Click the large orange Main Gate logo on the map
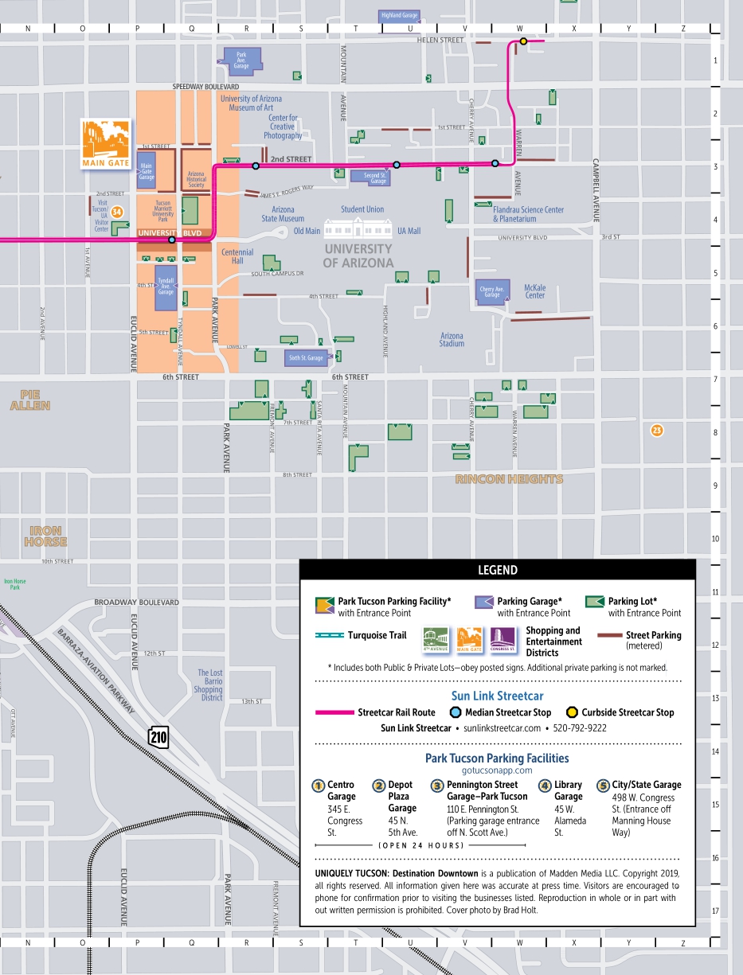[105, 144]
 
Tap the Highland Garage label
[399, 15]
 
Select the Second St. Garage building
[373, 177]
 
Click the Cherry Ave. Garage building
[492, 291]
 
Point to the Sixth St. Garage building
[307, 357]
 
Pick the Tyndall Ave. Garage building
[166, 287]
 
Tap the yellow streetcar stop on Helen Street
[523, 41]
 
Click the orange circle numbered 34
[117, 212]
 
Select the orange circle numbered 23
[656, 431]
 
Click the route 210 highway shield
[158, 736]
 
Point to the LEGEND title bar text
[497, 570]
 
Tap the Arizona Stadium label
[452, 340]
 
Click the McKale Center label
[534, 291]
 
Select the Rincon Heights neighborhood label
[509, 479]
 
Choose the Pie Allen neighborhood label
[30, 400]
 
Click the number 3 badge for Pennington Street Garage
[436, 786]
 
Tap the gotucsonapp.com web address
[497, 770]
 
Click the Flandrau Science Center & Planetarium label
[528, 214]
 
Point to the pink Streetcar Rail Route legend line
[334, 712]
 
